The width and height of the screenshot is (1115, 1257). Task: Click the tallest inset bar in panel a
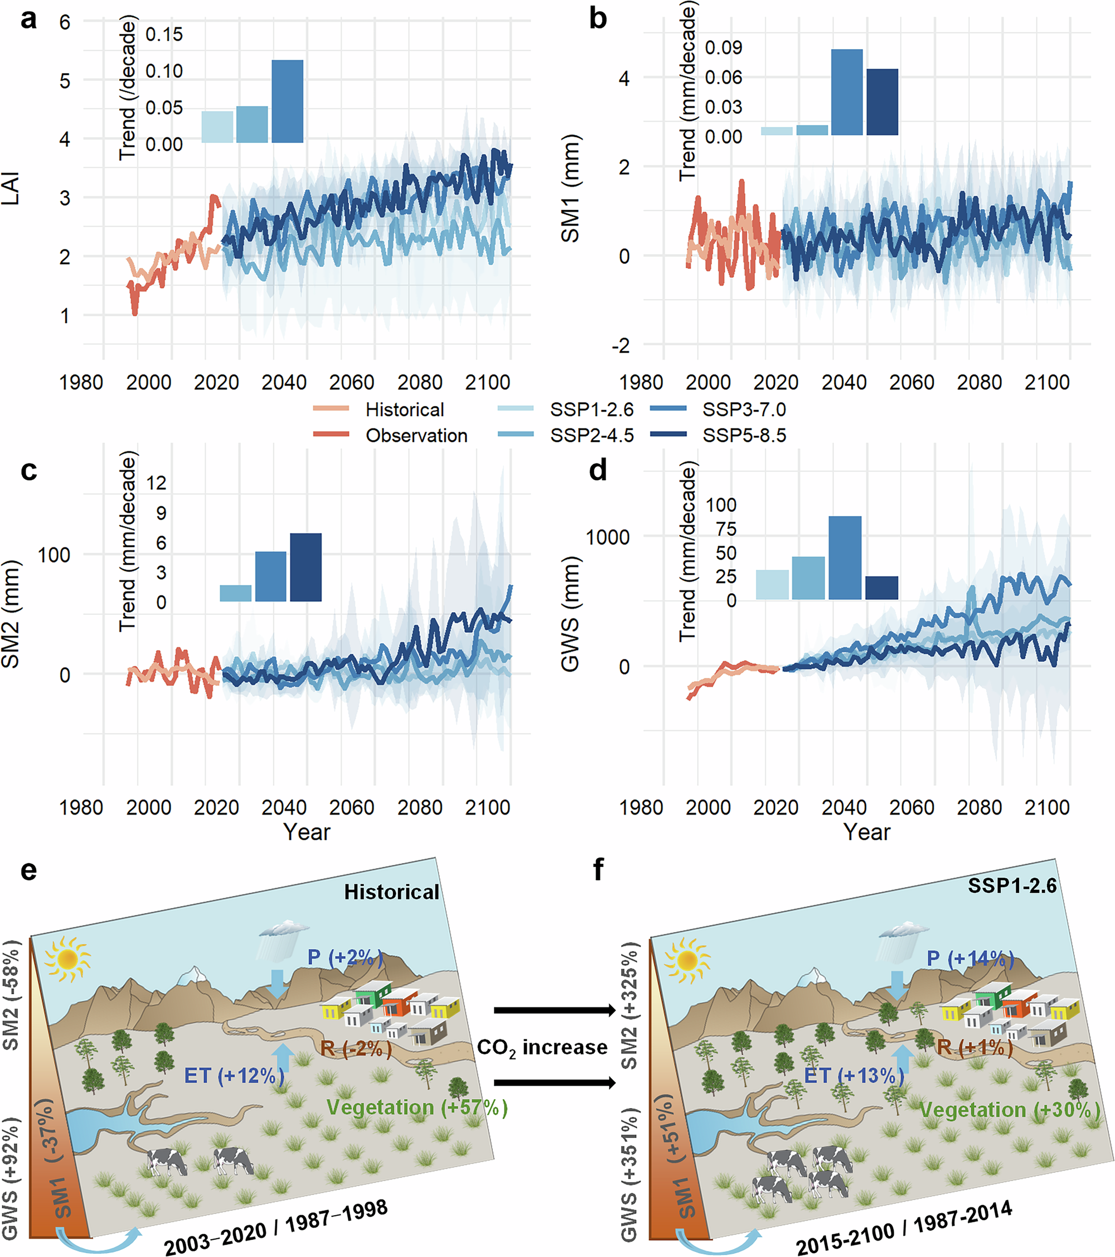287,102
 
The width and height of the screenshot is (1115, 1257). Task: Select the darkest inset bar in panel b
882,102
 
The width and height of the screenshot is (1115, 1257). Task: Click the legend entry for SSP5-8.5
744,435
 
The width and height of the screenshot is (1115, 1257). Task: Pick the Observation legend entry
416,435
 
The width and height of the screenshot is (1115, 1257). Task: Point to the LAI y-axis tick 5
65,80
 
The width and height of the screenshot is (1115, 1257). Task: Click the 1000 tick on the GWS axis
607,537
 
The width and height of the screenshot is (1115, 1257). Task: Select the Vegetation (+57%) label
417,1107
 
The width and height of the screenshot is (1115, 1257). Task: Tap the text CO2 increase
542,1047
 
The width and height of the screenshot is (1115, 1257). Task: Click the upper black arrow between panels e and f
554,1010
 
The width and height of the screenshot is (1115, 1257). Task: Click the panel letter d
598,470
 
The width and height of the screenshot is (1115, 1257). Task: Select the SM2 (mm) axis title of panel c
11,614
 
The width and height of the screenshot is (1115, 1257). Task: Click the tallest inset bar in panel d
845,557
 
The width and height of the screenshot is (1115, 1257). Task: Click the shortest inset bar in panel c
235,593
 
